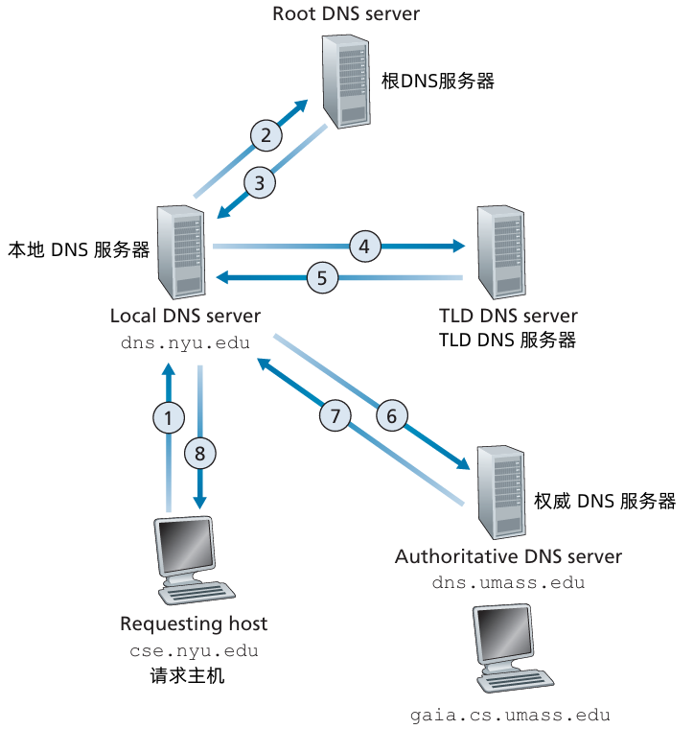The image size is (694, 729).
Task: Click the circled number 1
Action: point(169,417)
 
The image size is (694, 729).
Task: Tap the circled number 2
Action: point(266,135)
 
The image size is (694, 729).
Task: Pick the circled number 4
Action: point(363,246)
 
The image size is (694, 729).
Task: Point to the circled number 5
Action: point(323,279)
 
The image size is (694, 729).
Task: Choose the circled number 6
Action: point(391,416)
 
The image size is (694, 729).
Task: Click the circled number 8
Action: point(199,452)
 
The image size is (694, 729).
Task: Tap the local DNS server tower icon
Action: point(181,251)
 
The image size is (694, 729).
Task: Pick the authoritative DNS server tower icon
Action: point(500,490)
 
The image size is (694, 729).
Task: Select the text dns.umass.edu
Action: point(508,582)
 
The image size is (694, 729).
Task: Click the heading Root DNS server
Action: point(346,13)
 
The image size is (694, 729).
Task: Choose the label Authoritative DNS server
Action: point(508,556)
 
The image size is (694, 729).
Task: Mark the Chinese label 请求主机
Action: point(188,675)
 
